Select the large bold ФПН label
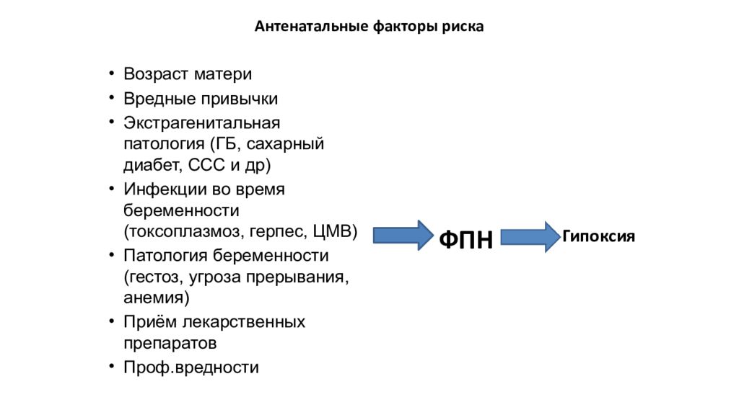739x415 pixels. tap(465, 239)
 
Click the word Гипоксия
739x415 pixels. tap(598, 236)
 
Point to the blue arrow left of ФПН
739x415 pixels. tap(403, 236)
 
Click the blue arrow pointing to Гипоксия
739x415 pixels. tap(530, 236)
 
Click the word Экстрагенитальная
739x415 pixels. tap(202, 122)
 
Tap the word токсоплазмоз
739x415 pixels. tap(186, 231)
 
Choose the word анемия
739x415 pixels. tap(154, 298)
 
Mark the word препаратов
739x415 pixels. tap(170, 344)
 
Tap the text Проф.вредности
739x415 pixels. tap(191, 367)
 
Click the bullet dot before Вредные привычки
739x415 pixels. tap(112, 98)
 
